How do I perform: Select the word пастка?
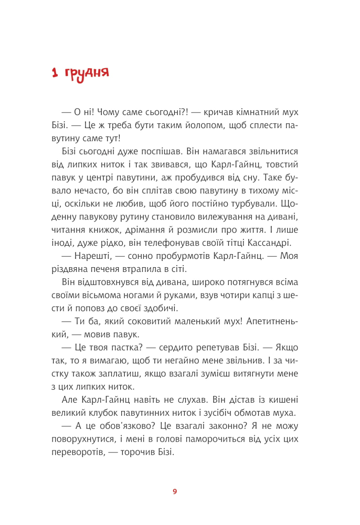point(126,350)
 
